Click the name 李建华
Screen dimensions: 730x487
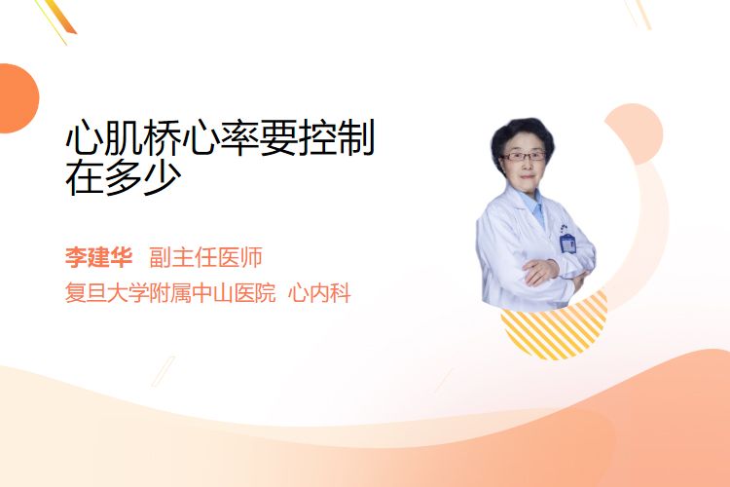(98, 257)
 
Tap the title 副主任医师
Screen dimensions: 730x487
(205, 257)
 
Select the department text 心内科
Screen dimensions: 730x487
(319, 293)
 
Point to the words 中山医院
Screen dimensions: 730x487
(234, 293)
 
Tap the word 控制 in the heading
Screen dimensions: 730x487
(337, 137)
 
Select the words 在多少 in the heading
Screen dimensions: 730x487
(124, 177)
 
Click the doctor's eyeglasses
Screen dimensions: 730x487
(523, 156)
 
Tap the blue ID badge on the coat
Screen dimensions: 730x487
(567, 243)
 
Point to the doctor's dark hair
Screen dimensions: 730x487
(522, 136)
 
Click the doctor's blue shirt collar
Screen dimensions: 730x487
(534, 205)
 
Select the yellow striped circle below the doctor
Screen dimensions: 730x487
(554, 326)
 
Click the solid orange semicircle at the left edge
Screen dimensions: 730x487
(18, 98)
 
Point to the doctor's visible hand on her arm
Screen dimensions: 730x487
(540, 271)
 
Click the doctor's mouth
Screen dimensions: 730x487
(528, 176)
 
